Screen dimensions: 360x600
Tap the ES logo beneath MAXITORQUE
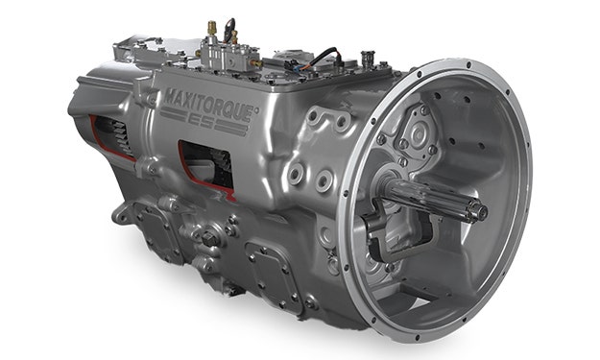point(223,124)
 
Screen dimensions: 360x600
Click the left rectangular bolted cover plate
point(153,230)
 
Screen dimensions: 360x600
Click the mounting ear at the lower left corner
point(119,212)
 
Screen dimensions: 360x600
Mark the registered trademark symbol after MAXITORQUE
point(253,108)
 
